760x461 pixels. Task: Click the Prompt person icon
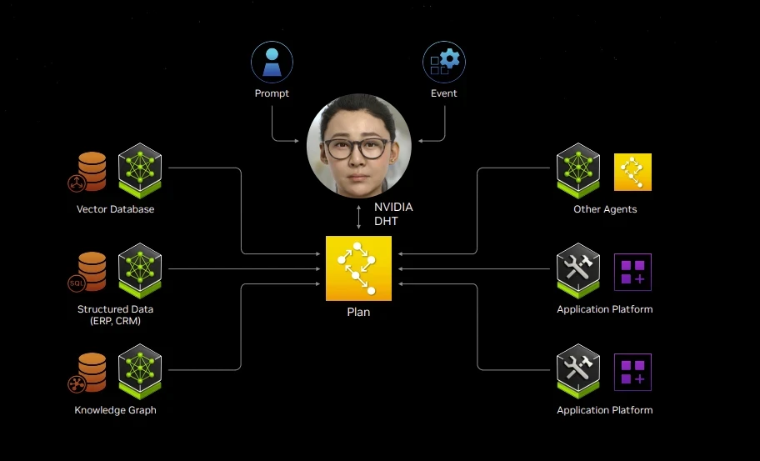pos(272,62)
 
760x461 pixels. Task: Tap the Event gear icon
pos(444,62)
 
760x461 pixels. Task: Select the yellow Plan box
pos(358,268)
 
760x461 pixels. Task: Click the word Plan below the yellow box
pos(358,313)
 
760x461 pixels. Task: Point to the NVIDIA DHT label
pos(393,213)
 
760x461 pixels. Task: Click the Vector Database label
pos(115,209)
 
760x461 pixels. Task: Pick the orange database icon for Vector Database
pos(90,171)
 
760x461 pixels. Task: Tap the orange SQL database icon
pos(90,272)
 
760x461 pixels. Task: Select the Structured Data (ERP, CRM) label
pos(115,315)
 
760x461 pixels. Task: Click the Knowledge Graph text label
pos(115,410)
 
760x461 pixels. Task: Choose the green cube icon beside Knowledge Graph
pos(139,370)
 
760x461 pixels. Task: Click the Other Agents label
pos(605,209)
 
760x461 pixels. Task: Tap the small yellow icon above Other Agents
pos(632,172)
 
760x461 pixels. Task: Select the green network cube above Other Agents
pos(578,168)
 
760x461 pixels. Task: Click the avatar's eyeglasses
pos(357,148)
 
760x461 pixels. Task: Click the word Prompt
pos(272,93)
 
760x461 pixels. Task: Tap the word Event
pos(444,93)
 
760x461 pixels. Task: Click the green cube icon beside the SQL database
pos(139,268)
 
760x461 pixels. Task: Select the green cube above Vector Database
pos(139,168)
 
